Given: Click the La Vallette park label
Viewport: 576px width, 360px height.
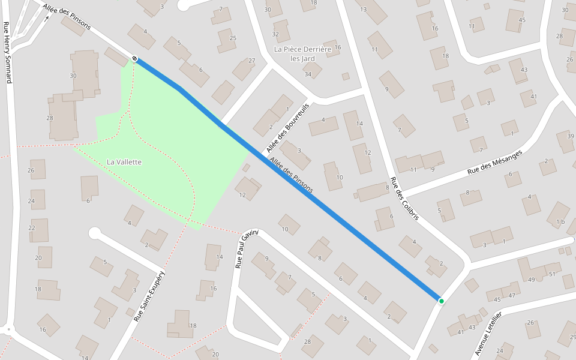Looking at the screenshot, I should point(124,162).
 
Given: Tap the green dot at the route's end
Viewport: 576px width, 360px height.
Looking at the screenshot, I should point(441,301).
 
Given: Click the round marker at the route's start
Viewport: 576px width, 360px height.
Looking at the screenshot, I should point(134,58).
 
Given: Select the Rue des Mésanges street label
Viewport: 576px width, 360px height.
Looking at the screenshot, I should point(494,162).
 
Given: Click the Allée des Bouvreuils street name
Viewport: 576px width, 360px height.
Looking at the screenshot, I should point(288,127).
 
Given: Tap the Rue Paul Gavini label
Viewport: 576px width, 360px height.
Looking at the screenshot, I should point(247,248).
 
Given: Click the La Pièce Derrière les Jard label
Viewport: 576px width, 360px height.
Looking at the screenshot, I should point(302,53).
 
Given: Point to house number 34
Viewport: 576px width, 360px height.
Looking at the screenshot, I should point(308,74).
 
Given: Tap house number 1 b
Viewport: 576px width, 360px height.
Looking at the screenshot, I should point(560,222).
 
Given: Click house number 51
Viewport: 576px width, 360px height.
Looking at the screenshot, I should point(552,274).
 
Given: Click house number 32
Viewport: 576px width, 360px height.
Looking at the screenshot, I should point(275,34).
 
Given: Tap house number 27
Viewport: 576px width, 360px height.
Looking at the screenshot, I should point(251,61).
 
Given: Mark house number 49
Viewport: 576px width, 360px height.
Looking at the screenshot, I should point(532,280).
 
